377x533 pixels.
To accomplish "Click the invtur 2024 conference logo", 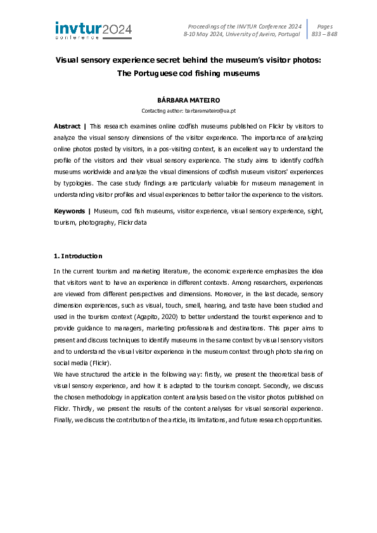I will pyautogui.click(x=93, y=30).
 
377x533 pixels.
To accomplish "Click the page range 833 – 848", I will pyautogui.click(x=324, y=34).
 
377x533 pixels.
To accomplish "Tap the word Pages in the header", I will pyautogui.click(x=324, y=26).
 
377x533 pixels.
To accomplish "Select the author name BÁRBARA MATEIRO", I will pyautogui.click(x=188, y=101).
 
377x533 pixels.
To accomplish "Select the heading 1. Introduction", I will pyautogui.click(x=77, y=256).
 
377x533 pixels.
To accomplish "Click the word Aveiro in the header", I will pyautogui.click(x=260, y=34).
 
